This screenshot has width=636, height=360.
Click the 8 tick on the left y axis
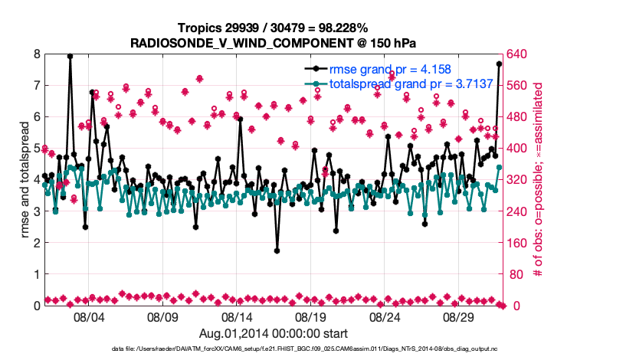pos(36,54)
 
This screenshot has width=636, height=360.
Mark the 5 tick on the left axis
pos(36,149)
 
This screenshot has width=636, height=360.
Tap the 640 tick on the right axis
pos(519,54)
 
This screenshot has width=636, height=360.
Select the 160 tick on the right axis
pos(519,243)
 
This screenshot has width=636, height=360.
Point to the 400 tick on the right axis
pos(519,149)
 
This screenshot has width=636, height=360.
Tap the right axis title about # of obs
pos(538,179)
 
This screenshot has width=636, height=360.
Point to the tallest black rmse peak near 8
pos(70,56)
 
